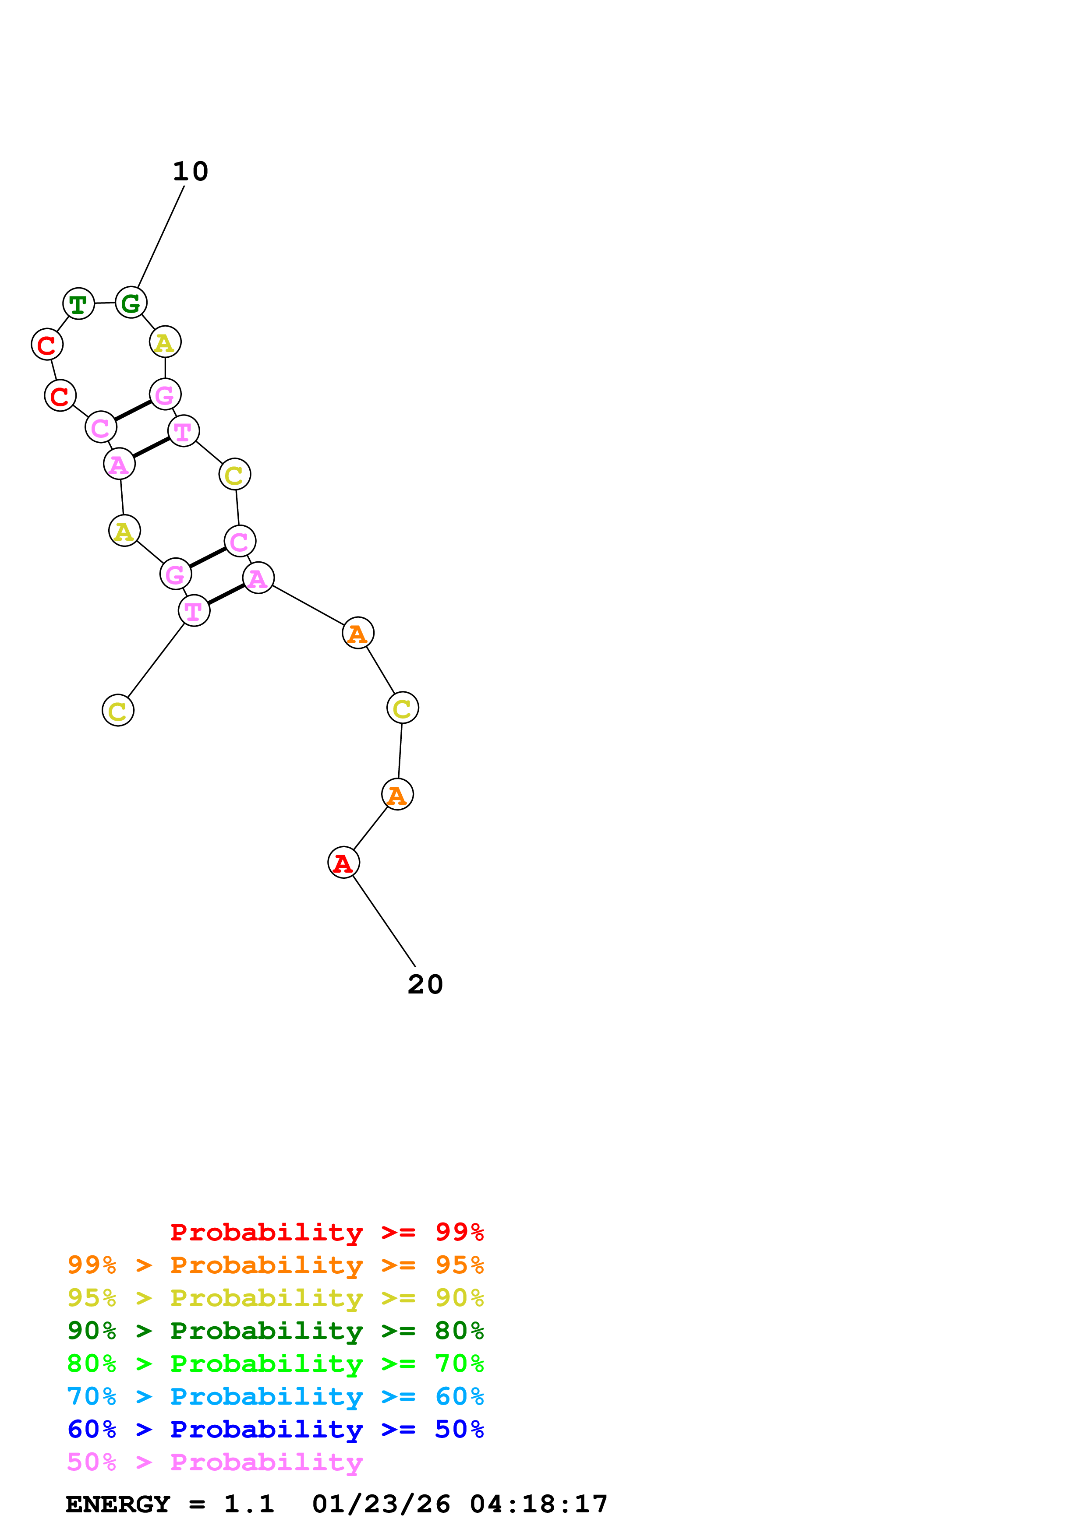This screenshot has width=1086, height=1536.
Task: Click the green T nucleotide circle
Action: (78, 304)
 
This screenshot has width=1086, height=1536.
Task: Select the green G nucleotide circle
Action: (131, 303)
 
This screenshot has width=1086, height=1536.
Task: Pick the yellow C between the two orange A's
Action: (402, 708)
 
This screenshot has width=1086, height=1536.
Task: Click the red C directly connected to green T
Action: (47, 345)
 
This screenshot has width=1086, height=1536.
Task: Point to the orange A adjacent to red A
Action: (397, 795)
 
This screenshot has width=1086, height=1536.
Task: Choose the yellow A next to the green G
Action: (165, 342)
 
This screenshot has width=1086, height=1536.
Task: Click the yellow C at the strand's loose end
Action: (118, 711)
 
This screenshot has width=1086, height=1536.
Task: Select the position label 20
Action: (425, 984)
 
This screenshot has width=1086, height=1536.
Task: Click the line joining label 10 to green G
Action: (161, 236)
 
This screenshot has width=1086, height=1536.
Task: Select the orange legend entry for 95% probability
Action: (276, 1265)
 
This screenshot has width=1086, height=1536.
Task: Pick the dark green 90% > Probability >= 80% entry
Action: (276, 1331)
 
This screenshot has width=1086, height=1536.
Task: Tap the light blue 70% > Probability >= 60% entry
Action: (276, 1396)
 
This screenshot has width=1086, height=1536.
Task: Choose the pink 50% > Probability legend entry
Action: (215, 1462)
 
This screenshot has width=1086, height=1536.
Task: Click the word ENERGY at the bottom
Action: (118, 1504)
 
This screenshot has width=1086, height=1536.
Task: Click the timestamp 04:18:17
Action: (539, 1504)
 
